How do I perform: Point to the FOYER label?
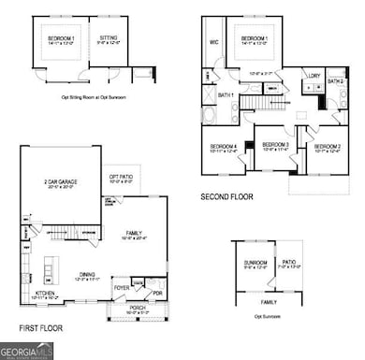[x=121, y=286]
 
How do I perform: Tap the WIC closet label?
[x=213, y=41]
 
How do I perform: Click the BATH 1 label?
[x=226, y=96]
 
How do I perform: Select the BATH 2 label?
[x=336, y=82]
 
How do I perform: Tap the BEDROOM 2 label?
[x=327, y=146]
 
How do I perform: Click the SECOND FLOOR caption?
[x=227, y=196]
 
